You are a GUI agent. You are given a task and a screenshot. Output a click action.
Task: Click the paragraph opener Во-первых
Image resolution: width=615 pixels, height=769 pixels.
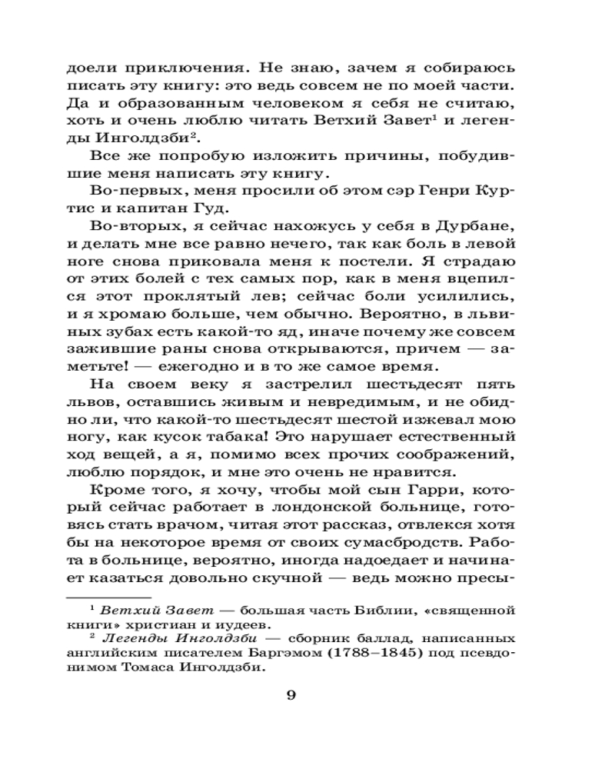[128, 187]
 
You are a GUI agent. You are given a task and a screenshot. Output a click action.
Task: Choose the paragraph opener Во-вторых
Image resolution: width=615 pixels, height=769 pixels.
[128, 223]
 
